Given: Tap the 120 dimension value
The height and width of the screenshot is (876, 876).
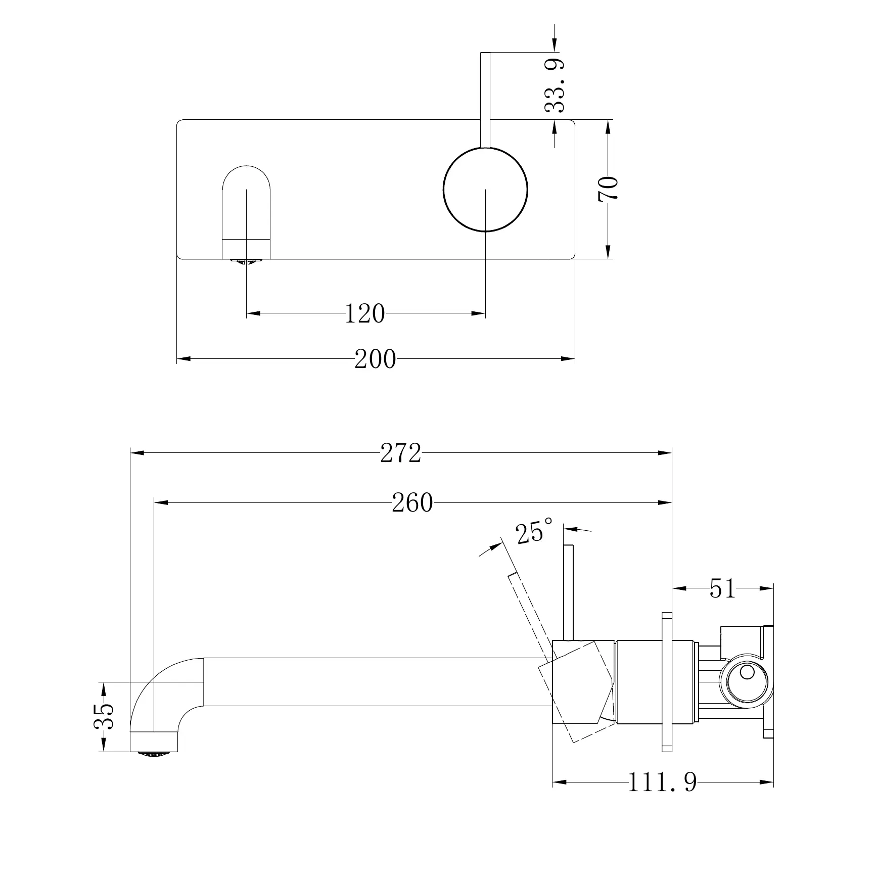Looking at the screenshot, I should pyautogui.click(x=364, y=314).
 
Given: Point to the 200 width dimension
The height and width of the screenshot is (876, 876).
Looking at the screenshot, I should pyautogui.click(x=375, y=359).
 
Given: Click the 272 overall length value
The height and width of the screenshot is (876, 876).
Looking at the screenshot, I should pyautogui.click(x=400, y=453).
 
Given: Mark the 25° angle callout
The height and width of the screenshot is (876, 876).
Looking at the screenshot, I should pyautogui.click(x=534, y=531).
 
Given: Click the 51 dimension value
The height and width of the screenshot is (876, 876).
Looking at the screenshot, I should pyautogui.click(x=722, y=588).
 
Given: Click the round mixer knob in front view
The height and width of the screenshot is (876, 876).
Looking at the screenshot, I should pyautogui.click(x=485, y=190).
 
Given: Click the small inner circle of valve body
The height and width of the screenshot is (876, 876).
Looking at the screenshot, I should pyautogui.click(x=747, y=673).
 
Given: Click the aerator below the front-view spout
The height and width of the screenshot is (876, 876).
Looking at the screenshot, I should pyautogui.click(x=246, y=261).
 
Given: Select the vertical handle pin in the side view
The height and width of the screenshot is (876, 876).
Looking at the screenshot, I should pyautogui.click(x=569, y=591).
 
